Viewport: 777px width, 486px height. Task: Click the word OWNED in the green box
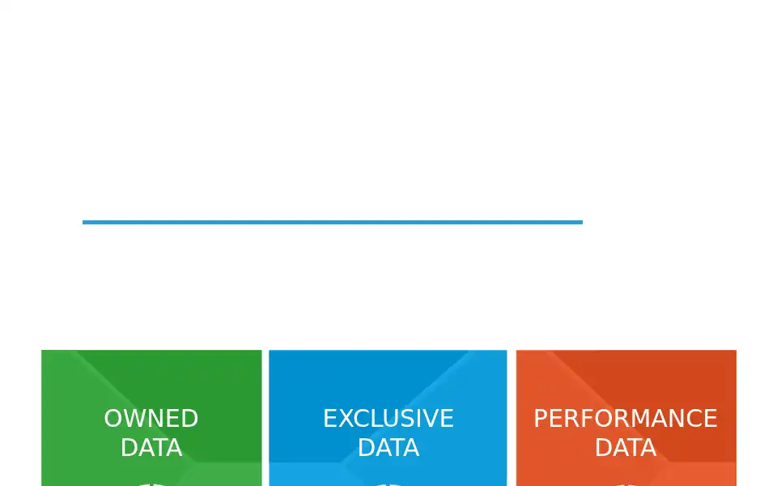(151, 419)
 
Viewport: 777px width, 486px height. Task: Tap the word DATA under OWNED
(151, 448)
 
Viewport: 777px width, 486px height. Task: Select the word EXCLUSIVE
(388, 419)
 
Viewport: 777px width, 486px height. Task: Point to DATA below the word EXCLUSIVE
(388, 448)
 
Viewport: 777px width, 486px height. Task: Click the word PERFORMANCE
(626, 419)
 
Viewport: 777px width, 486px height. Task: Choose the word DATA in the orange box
(626, 448)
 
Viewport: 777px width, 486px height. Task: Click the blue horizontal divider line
(333, 222)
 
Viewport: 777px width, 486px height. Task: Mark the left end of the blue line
(83, 222)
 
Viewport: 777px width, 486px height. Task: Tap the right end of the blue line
(582, 222)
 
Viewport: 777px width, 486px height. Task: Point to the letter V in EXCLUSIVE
(431, 419)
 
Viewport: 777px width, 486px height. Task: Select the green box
(151, 418)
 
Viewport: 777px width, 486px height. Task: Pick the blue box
(388, 418)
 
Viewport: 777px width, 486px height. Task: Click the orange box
(626, 418)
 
